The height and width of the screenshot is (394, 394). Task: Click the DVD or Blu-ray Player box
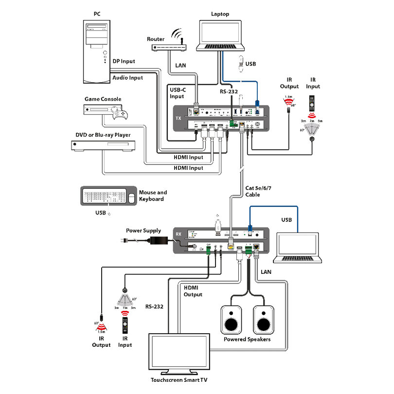point(102,145)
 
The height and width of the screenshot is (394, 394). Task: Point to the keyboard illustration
point(104,197)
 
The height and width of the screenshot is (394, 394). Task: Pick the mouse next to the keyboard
point(131,198)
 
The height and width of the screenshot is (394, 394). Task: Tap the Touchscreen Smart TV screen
point(179,354)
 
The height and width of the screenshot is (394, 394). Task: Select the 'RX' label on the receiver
point(179,234)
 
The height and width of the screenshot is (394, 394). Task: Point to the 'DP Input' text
point(124,61)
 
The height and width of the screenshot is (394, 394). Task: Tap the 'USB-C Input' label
point(177,93)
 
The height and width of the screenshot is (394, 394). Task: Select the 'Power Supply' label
point(143,231)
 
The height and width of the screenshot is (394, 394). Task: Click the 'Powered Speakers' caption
point(247,339)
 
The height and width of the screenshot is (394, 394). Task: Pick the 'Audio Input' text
point(128,77)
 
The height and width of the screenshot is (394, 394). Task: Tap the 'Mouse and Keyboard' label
point(153,196)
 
